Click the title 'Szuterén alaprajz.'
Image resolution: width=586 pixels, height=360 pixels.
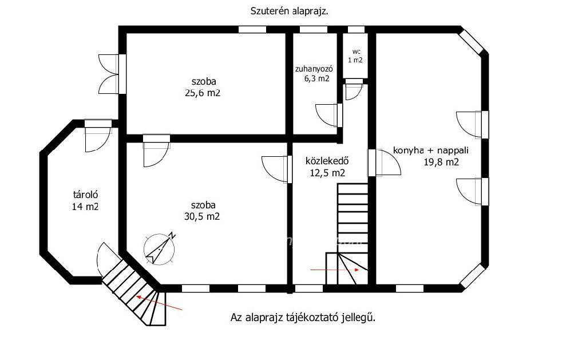point(289,11)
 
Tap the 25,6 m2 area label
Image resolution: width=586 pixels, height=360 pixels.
point(203,93)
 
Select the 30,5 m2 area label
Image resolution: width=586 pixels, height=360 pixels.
point(202,216)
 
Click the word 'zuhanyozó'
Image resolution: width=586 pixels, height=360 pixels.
point(314,69)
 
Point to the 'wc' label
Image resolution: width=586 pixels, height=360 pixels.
point(356,52)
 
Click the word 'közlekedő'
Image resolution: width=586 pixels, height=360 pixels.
point(327,161)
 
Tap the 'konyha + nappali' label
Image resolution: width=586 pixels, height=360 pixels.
point(431,151)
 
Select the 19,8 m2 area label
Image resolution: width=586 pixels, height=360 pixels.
point(441,162)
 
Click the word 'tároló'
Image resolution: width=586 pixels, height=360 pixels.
point(86,195)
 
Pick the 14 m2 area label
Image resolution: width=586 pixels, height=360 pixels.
point(85,207)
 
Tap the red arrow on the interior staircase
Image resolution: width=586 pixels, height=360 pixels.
point(335,269)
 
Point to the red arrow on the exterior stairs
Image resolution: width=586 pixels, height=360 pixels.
point(159,303)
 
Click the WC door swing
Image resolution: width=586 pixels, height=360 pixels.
point(354,92)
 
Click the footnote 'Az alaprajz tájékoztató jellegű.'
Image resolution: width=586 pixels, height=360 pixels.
point(303,318)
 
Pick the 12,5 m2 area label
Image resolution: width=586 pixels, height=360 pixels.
point(327,173)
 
